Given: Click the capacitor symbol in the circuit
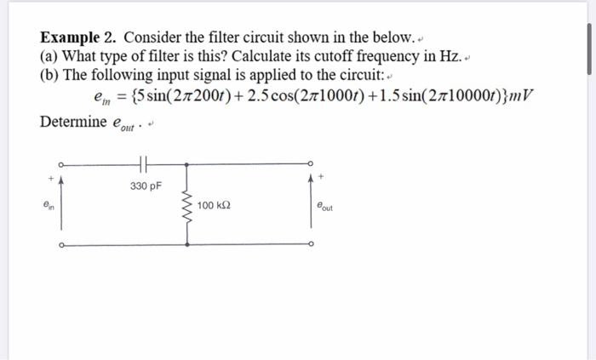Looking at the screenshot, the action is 143,165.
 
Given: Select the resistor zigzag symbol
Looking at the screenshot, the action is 187,207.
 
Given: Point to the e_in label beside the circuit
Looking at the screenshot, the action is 48,206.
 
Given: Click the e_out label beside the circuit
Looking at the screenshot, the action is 324,206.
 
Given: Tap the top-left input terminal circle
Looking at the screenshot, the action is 60,165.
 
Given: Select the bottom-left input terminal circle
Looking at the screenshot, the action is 60,246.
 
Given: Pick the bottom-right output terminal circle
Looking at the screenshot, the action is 312,246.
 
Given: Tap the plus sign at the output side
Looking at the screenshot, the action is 321,176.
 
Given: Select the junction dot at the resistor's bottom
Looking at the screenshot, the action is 187,246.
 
